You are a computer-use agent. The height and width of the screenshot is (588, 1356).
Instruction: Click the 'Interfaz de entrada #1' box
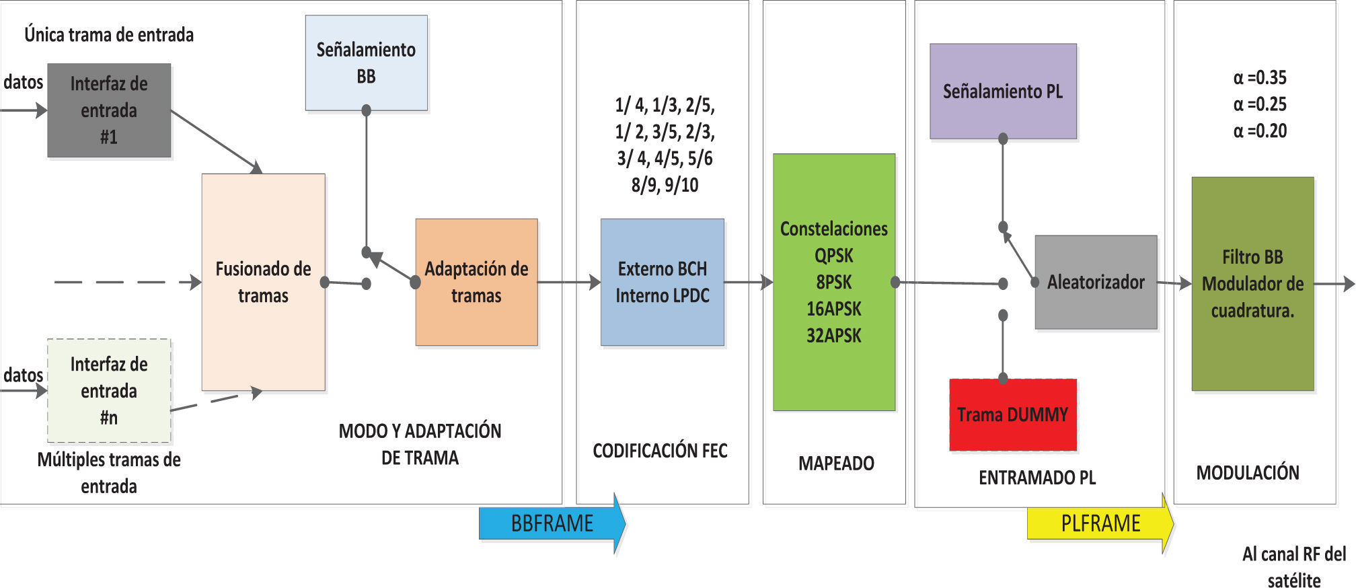click(x=109, y=110)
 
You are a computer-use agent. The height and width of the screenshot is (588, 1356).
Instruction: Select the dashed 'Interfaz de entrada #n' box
click(x=109, y=391)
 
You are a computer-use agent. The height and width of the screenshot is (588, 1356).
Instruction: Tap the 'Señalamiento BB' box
click(x=366, y=63)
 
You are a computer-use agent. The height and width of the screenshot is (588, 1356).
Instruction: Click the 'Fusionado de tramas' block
click(x=263, y=282)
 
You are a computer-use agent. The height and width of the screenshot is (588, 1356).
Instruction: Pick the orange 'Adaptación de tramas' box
click(x=476, y=282)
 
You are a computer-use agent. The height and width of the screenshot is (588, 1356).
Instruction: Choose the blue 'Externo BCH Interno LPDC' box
click(x=662, y=282)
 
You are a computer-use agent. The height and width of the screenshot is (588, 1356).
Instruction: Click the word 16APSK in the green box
click(x=833, y=309)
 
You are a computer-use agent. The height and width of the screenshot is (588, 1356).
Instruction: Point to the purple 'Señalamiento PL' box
click(x=1003, y=91)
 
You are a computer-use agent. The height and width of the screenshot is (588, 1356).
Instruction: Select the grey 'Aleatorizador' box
click(x=1096, y=282)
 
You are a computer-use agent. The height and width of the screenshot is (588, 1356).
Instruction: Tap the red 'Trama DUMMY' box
click(x=1012, y=414)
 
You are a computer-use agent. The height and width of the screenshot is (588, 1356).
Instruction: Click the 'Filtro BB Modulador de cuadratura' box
click(x=1252, y=283)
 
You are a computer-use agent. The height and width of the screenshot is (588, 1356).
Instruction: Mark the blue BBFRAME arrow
click(x=552, y=523)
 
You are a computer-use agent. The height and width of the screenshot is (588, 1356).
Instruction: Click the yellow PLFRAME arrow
click(x=1100, y=523)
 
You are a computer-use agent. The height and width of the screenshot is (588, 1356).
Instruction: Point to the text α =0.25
click(x=1260, y=104)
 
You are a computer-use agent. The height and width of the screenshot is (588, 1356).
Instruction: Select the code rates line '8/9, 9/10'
click(x=665, y=185)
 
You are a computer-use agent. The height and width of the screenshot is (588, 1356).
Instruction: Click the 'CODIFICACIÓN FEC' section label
click(x=660, y=451)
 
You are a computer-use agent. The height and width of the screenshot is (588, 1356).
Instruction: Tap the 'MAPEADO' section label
click(x=836, y=464)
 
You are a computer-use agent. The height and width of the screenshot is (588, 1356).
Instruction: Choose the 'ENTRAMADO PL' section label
click(x=1037, y=478)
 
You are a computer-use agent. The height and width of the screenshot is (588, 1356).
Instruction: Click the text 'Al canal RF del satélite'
click(x=1293, y=567)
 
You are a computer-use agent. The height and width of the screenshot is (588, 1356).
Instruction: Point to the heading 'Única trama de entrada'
click(x=109, y=34)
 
